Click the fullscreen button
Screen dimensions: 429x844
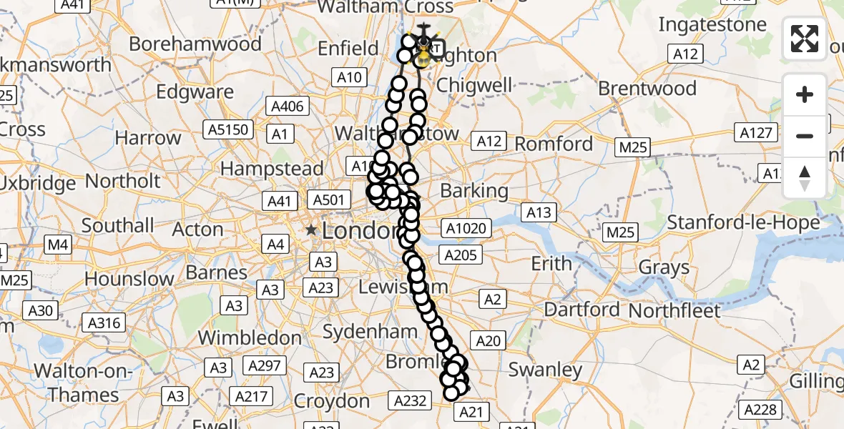click(x=805, y=39)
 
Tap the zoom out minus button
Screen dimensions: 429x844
click(x=805, y=136)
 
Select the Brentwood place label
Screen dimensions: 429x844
click(x=647, y=89)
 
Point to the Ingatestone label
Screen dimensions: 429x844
click(x=712, y=24)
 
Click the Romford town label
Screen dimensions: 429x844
click(x=554, y=144)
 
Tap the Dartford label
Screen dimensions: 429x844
click(x=582, y=310)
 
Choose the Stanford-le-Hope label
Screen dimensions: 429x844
click(x=743, y=222)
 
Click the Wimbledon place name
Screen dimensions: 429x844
click(x=250, y=337)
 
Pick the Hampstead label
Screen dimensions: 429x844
click(x=273, y=169)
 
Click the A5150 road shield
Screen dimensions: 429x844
click(x=227, y=129)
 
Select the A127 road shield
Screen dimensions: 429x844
click(x=755, y=132)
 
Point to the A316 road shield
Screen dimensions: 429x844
click(x=104, y=323)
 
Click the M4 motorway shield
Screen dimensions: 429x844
click(x=58, y=246)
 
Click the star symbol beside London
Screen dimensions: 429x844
click(x=311, y=230)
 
